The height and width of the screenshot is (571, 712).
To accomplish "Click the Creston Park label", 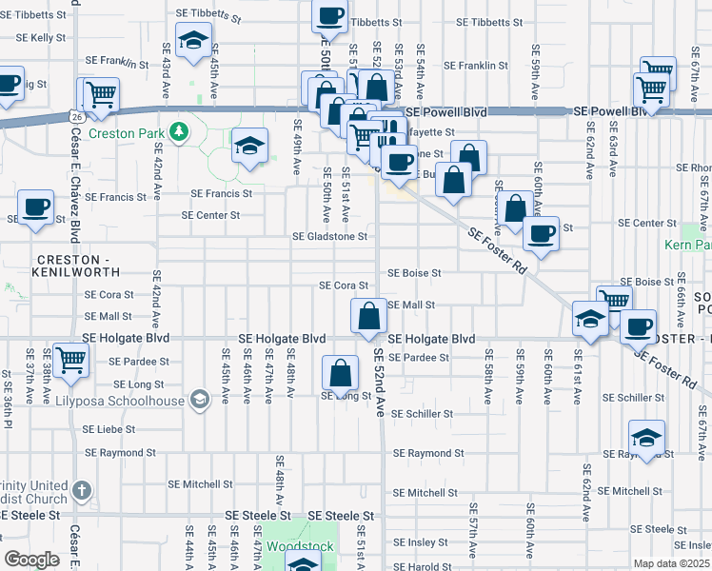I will pos(126,133).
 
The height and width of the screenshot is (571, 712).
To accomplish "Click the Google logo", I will pos(31,559).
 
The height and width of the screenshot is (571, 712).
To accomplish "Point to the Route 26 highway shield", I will pos(74,115).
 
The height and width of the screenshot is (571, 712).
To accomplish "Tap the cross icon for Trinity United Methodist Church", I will pos(83,491).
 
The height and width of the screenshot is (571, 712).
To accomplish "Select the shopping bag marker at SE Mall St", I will pos(367,317).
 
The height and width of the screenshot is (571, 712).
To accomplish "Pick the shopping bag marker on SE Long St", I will pos(340,374).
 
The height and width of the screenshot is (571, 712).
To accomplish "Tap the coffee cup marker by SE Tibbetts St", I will pos(329,17).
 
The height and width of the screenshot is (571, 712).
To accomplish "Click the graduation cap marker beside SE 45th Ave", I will pos(194,43).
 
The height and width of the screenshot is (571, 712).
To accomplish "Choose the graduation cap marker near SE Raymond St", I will pos(647,439).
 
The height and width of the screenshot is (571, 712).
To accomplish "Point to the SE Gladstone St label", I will pos(329,236).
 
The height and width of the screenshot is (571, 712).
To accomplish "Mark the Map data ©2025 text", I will pos(671,563).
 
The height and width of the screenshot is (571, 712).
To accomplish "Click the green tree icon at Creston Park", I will pos(178,130).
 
